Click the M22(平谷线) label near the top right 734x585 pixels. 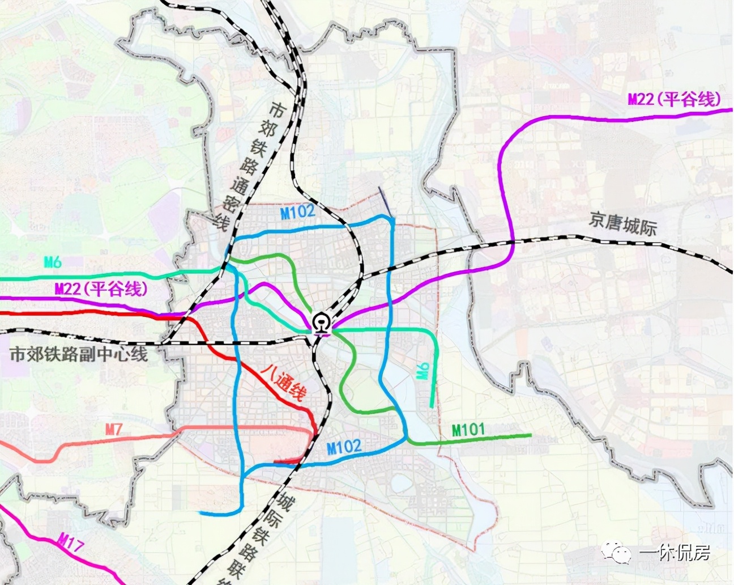[674, 99]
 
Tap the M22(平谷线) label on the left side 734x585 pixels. [101, 289]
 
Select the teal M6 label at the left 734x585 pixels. [53, 262]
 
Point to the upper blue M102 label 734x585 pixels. [297, 213]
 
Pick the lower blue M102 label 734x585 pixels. [344, 447]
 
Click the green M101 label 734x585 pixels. [468, 429]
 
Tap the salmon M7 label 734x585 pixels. [113, 429]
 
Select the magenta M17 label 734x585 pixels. [71, 545]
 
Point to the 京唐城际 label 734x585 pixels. [622, 223]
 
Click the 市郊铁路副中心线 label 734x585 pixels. [79, 355]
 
